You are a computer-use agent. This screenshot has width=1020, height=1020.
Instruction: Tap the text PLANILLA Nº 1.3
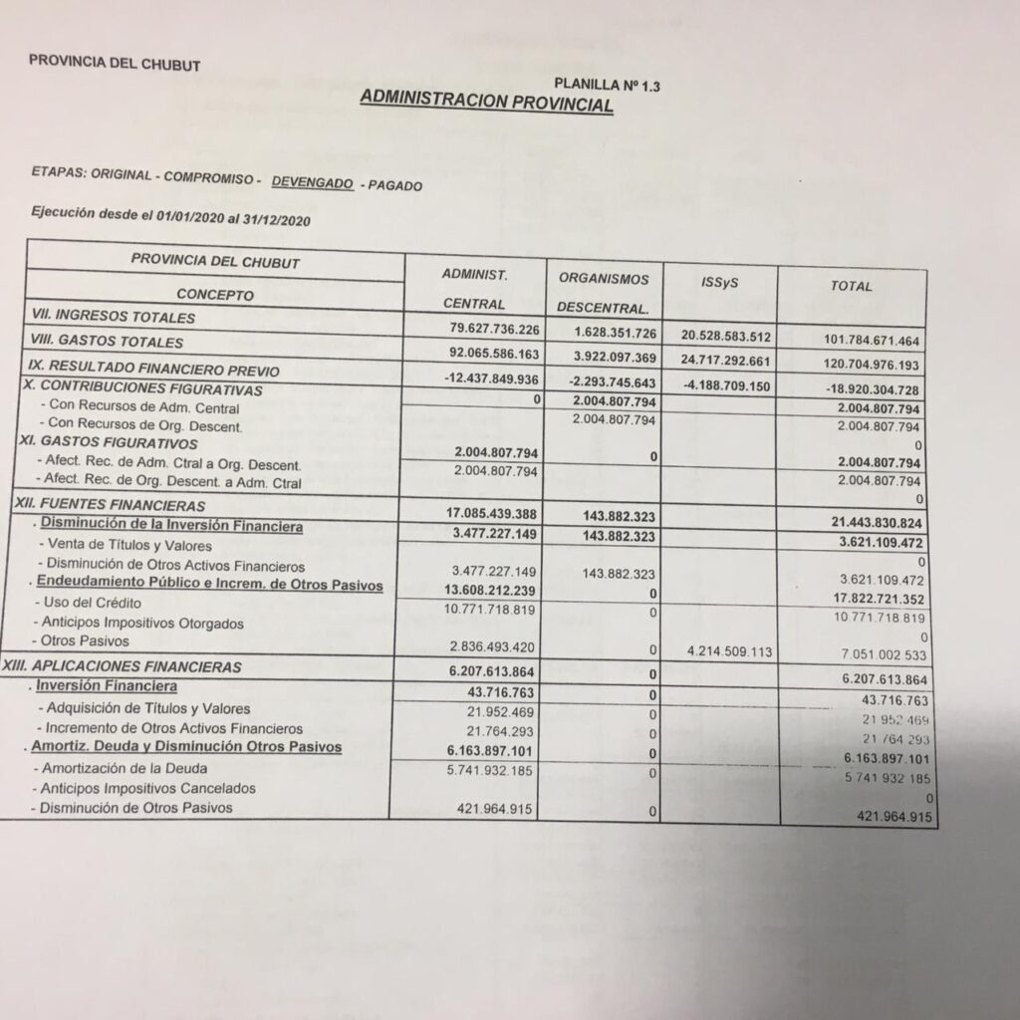606,86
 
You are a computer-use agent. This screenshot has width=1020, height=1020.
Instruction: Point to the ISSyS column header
719,283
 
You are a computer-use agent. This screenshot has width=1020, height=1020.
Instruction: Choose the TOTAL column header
852,286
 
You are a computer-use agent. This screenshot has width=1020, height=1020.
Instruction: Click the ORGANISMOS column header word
603,279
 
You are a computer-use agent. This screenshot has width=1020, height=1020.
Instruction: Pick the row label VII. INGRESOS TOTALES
113,318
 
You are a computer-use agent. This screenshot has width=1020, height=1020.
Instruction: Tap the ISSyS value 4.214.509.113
722,650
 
